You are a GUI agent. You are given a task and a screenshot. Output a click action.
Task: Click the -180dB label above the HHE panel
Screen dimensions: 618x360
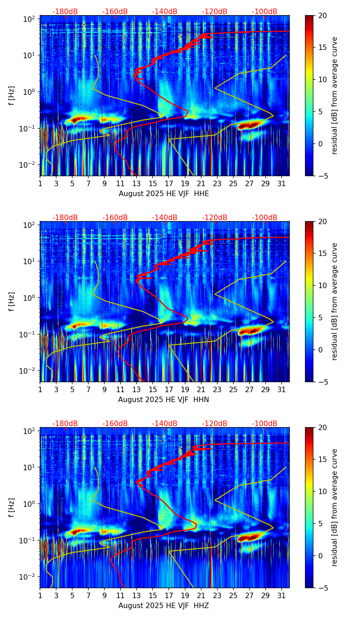[65, 12]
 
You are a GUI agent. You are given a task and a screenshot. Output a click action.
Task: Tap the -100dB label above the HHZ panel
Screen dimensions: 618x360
[265, 424]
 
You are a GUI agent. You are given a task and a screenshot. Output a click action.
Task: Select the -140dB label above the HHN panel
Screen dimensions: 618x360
[165, 218]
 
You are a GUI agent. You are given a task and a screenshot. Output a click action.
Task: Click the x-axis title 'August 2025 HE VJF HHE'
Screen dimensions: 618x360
[164, 194]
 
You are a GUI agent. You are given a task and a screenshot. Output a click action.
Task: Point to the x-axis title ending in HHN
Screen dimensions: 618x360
[164, 400]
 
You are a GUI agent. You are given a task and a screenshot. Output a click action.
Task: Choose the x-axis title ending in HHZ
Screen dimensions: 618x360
[164, 606]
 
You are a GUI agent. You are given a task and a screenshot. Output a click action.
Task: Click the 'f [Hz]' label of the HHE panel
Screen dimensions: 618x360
[12, 96]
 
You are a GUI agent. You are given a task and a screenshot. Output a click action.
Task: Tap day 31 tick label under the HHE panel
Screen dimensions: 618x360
[282, 184]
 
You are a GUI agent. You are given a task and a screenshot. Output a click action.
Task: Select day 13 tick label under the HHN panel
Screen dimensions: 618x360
[137, 390]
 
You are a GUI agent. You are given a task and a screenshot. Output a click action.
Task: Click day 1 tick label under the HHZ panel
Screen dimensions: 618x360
[40, 596]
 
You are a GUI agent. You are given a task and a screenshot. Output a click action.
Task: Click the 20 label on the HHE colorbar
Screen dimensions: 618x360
[322, 15]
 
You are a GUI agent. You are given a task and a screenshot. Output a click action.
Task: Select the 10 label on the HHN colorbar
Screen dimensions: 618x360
[322, 285]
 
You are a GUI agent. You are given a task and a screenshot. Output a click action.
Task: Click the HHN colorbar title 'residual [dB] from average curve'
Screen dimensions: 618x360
[335, 301]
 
